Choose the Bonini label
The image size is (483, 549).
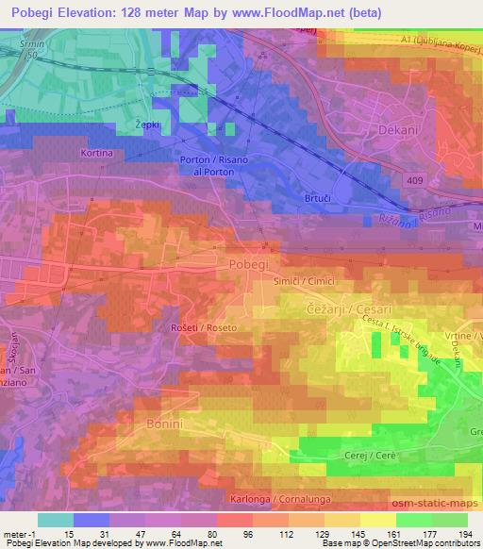(168, 425)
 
